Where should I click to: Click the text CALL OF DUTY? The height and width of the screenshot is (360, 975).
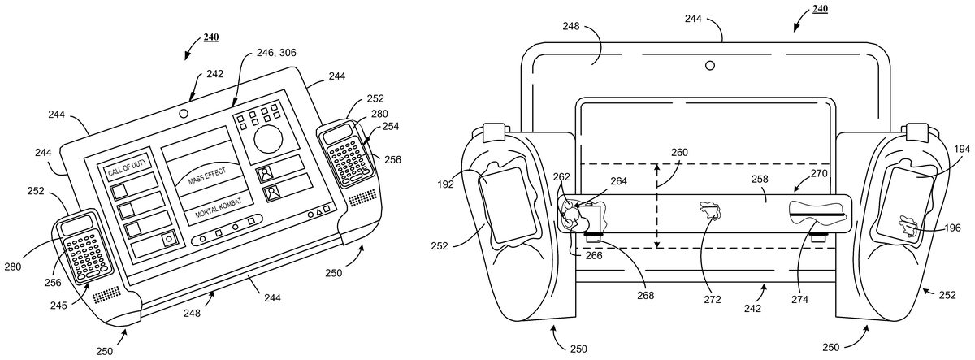[x=127, y=167]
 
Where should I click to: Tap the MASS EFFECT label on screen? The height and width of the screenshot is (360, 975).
[x=206, y=176]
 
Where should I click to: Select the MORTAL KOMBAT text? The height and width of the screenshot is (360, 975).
[x=218, y=208]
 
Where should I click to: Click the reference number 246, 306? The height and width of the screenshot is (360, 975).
[x=276, y=53]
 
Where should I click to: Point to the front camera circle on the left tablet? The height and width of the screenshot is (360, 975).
[x=184, y=114]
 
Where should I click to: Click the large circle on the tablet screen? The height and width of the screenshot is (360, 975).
[x=268, y=139]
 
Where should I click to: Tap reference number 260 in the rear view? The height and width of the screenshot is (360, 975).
[x=679, y=152]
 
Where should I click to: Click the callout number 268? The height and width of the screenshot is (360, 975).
[x=645, y=296]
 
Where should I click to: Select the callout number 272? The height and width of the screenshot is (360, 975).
[x=712, y=300]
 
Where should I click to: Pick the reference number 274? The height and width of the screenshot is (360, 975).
[x=800, y=300]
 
